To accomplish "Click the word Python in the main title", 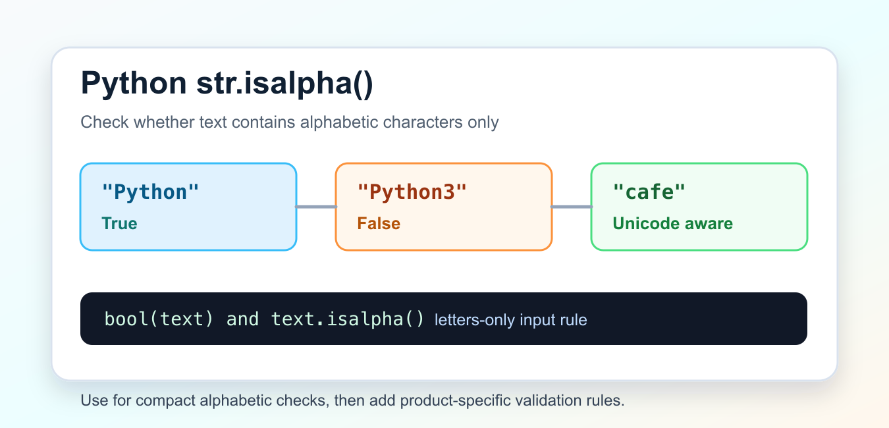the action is pyautogui.click(x=134, y=84).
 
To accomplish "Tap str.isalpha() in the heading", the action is pyautogui.click(x=285, y=84).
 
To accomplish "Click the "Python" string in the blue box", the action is pyautogui.click(x=150, y=192).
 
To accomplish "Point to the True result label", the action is pyautogui.click(x=119, y=223).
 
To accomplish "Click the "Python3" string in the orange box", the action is pyautogui.click(x=412, y=192).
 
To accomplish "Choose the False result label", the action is pyautogui.click(x=379, y=223).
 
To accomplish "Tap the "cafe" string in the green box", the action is pyautogui.click(x=649, y=192).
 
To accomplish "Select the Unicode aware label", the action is pyautogui.click(x=673, y=223).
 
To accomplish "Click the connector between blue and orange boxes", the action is pyautogui.click(x=316, y=207).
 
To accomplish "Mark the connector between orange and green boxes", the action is pyautogui.click(x=572, y=207).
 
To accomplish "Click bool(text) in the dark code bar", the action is pyautogui.click(x=159, y=319).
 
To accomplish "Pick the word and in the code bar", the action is pyautogui.click(x=242, y=319).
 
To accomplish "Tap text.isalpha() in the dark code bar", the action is pyautogui.click(x=348, y=319).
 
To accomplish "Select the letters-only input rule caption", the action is pyautogui.click(x=511, y=320).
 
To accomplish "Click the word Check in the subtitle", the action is pyautogui.click(x=105, y=122).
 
